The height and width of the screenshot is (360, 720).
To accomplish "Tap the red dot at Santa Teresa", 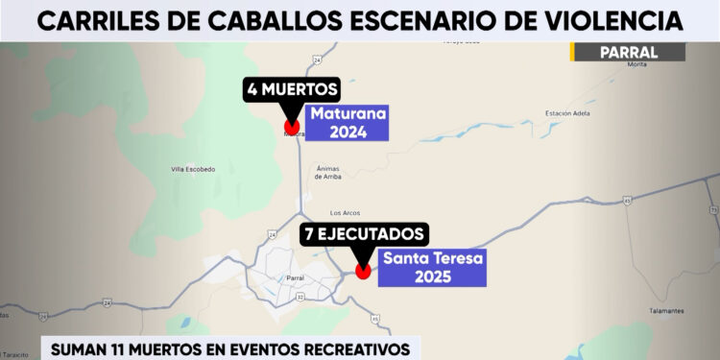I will [363, 271].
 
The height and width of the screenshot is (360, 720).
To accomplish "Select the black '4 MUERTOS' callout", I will [292, 91].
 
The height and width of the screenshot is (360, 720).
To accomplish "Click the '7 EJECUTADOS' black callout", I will [363, 233].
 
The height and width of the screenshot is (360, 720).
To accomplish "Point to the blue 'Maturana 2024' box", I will [347, 123].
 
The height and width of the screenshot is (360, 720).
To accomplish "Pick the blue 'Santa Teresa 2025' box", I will [431, 266].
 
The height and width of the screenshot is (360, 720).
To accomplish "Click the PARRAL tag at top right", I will [629, 52].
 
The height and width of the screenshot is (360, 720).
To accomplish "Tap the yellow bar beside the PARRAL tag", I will [572, 52].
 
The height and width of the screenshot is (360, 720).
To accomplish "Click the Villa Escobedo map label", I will [193, 169].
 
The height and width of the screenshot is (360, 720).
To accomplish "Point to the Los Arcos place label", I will [344, 212].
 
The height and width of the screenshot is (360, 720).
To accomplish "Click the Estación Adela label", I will [566, 113].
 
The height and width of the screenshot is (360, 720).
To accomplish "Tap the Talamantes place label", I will [665, 310].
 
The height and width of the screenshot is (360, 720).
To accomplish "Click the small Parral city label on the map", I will [296, 278].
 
